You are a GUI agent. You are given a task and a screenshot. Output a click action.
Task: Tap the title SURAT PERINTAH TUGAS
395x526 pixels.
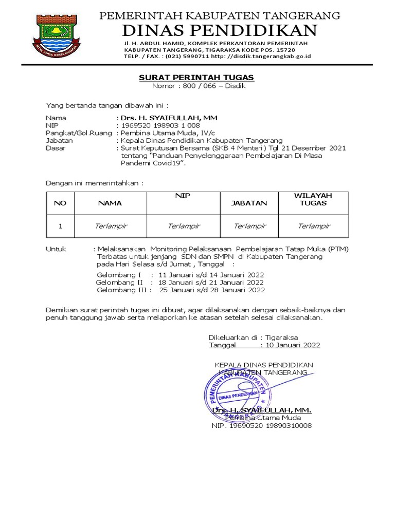tap(196, 78)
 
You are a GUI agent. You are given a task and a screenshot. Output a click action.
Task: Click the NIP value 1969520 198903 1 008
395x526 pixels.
tap(160, 125)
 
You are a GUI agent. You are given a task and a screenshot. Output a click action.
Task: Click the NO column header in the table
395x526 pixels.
tap(60, 203)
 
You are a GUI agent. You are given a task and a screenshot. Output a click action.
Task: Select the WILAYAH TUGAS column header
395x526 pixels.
tap(313, 199)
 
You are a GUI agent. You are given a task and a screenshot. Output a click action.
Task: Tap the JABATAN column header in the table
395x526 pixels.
tap(249, 203)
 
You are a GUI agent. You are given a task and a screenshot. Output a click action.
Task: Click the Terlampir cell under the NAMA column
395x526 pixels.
tap(111, 226)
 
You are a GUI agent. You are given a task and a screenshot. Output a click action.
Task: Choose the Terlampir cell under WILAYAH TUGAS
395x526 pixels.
tap(314, 226)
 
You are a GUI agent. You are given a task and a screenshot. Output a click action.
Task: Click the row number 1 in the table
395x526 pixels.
tap(60, 226)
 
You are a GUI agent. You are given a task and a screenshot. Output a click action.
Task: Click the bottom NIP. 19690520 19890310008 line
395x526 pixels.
tap(261, 426)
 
